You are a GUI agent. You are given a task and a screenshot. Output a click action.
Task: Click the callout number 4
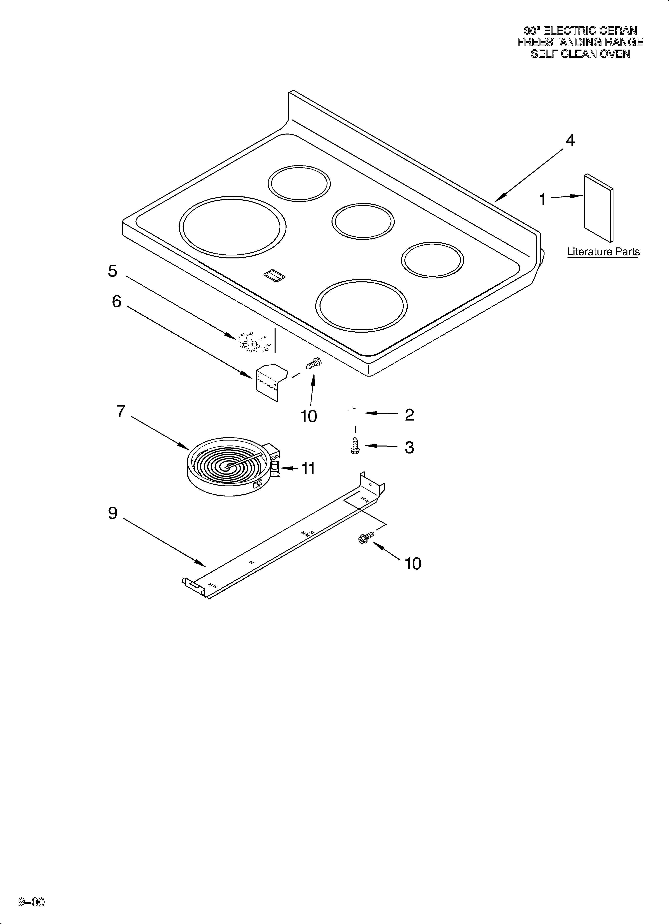pos(570,141)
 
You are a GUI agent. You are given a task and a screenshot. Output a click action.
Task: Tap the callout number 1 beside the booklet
pos(542,200)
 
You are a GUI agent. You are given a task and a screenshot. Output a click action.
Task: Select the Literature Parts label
pos(603,252)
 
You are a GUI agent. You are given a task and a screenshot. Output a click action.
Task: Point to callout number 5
pos(112,271)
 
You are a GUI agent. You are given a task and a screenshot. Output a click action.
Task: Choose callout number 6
pos(116,301)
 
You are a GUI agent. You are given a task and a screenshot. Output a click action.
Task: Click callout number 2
pos(409,415)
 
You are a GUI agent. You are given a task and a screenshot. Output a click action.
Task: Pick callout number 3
pos(409,447)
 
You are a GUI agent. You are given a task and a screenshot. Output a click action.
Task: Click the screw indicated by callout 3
pos(355,446)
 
